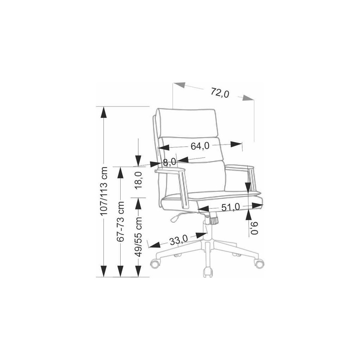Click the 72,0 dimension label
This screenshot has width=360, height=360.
tap(220, 93)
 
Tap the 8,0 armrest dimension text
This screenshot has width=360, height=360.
tap(169, 162)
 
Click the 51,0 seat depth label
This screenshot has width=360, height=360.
tap(230, 207)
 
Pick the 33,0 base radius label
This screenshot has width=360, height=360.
tap(178, 241)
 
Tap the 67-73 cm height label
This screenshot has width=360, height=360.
tap(121, 221)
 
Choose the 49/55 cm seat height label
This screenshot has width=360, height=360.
tap(139, 236)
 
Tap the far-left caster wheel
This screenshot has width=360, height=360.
tap(154, 263)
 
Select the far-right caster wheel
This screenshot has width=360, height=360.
tap(259, 263)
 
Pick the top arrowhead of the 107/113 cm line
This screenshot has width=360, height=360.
tap(103, 112)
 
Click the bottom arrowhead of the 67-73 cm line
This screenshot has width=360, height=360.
tap(121, 271)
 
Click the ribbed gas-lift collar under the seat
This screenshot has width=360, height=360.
tap(213, 220)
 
